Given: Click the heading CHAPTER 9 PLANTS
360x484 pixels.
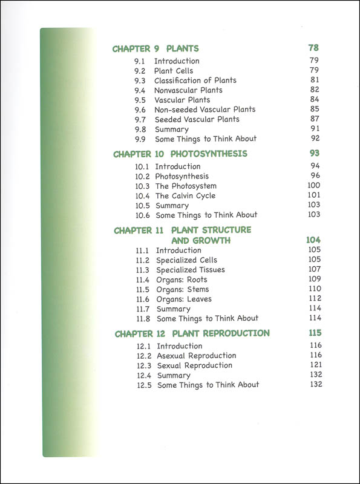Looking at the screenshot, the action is [x=155, y=48].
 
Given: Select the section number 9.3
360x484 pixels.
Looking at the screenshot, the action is [x=140, y=80].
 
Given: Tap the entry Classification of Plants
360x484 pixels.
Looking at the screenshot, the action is [x=195, y=80].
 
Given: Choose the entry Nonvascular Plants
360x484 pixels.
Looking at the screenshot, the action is [x=188, y=90].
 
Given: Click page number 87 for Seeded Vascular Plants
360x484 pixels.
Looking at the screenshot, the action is [x=314, y=119].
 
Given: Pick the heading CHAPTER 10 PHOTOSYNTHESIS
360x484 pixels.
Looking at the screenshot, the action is [x=180, y=154].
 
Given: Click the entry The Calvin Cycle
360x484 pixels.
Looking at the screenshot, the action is [x=185, y=195].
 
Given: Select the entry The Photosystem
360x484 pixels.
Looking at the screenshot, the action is [x=186, y=186].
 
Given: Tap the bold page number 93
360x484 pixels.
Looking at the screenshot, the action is [x=313, y=154].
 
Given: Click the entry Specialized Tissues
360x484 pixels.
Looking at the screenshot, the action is [x=190, y=270].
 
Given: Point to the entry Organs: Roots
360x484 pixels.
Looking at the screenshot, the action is [x=182, y=280].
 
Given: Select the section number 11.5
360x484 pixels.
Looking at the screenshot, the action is [x=143, y=289].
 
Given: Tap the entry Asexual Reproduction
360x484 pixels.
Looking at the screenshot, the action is [x=196, y=356].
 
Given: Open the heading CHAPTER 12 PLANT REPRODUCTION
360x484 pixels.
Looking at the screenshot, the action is [x=192, y=333].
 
